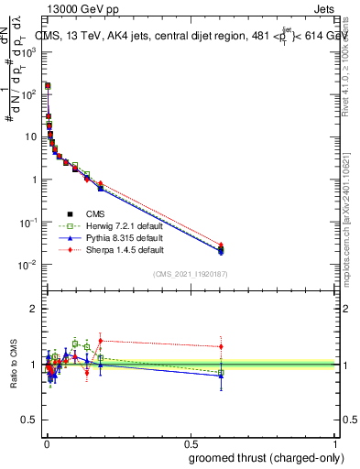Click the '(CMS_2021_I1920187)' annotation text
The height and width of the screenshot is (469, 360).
(x=191, y=273)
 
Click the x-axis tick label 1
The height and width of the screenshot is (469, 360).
(x=334, y=442)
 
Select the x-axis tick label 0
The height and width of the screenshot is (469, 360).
(x=46, y=442)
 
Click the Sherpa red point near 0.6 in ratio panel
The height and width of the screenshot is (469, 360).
(x=220, y=346)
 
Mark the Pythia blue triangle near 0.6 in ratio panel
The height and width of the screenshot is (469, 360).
(x=220, y=375)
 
